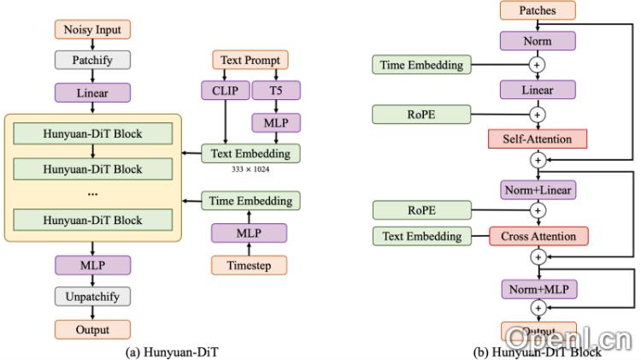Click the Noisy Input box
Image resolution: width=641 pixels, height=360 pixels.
[92, 29]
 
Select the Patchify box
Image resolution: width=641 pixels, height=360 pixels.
[92, 60]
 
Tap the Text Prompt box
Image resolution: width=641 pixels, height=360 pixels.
[250, 60]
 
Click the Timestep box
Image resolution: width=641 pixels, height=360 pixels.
[250, 264]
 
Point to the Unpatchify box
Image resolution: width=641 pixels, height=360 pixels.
[92, 297]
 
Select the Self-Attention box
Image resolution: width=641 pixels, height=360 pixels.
[538, 138]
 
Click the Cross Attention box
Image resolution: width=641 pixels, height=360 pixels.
[538, 235]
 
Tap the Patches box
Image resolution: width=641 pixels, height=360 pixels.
[538, 10]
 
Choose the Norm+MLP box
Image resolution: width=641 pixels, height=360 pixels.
[538, 288]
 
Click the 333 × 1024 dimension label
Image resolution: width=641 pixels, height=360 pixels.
[251, 169]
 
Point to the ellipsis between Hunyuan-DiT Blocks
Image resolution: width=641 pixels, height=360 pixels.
[92, 193]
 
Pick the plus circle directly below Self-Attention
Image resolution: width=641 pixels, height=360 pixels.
[538, 160]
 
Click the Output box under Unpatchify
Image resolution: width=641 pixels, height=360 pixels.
[92, 329]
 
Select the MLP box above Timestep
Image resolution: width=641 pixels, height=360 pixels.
[250, 233]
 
